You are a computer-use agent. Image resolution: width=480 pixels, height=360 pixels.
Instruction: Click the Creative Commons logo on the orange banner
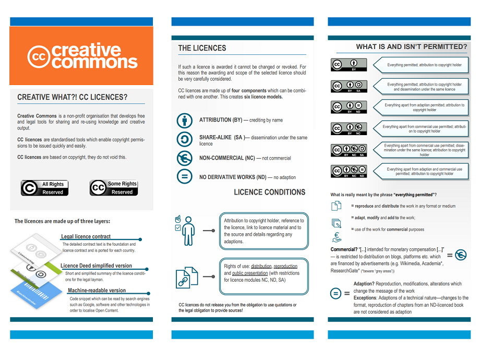tap(82, 56)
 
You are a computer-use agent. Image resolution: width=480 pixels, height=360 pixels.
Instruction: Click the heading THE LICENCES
tap(202, 48)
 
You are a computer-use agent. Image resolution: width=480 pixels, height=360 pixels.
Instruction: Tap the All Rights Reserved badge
tap(44, 188)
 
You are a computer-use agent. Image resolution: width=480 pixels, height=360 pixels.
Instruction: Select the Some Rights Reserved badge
tap(113, 188)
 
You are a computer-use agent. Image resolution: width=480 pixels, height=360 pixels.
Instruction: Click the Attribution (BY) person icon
tap(185, 120)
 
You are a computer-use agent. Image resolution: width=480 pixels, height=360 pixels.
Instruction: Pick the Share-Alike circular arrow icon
tap(185, 139)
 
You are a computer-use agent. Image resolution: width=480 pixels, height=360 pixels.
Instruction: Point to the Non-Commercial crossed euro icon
tap(185, 158)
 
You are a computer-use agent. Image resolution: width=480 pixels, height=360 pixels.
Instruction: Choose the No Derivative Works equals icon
tap(185, 177)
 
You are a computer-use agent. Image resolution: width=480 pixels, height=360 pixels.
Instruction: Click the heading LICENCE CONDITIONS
tap(269, 192)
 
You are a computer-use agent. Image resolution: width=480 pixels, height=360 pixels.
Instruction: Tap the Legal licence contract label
tap(86, 236)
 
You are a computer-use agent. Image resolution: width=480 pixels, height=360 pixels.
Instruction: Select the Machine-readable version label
tap(97, 290)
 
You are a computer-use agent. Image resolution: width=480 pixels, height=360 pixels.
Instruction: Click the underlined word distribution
tap(261, 266)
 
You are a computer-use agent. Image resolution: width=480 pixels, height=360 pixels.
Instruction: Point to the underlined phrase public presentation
tap(248, 273)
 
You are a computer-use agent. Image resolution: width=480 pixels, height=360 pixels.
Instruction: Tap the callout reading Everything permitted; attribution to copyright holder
tap(424, 65)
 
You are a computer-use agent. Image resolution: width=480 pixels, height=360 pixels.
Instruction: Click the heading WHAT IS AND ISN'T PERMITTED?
tap(411, 46)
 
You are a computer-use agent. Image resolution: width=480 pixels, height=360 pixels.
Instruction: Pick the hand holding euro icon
tap(337, 238)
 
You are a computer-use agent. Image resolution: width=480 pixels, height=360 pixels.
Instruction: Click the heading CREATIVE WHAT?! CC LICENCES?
tap(72, 97)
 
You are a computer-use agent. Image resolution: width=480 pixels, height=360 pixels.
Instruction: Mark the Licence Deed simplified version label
tap(96, 266)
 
